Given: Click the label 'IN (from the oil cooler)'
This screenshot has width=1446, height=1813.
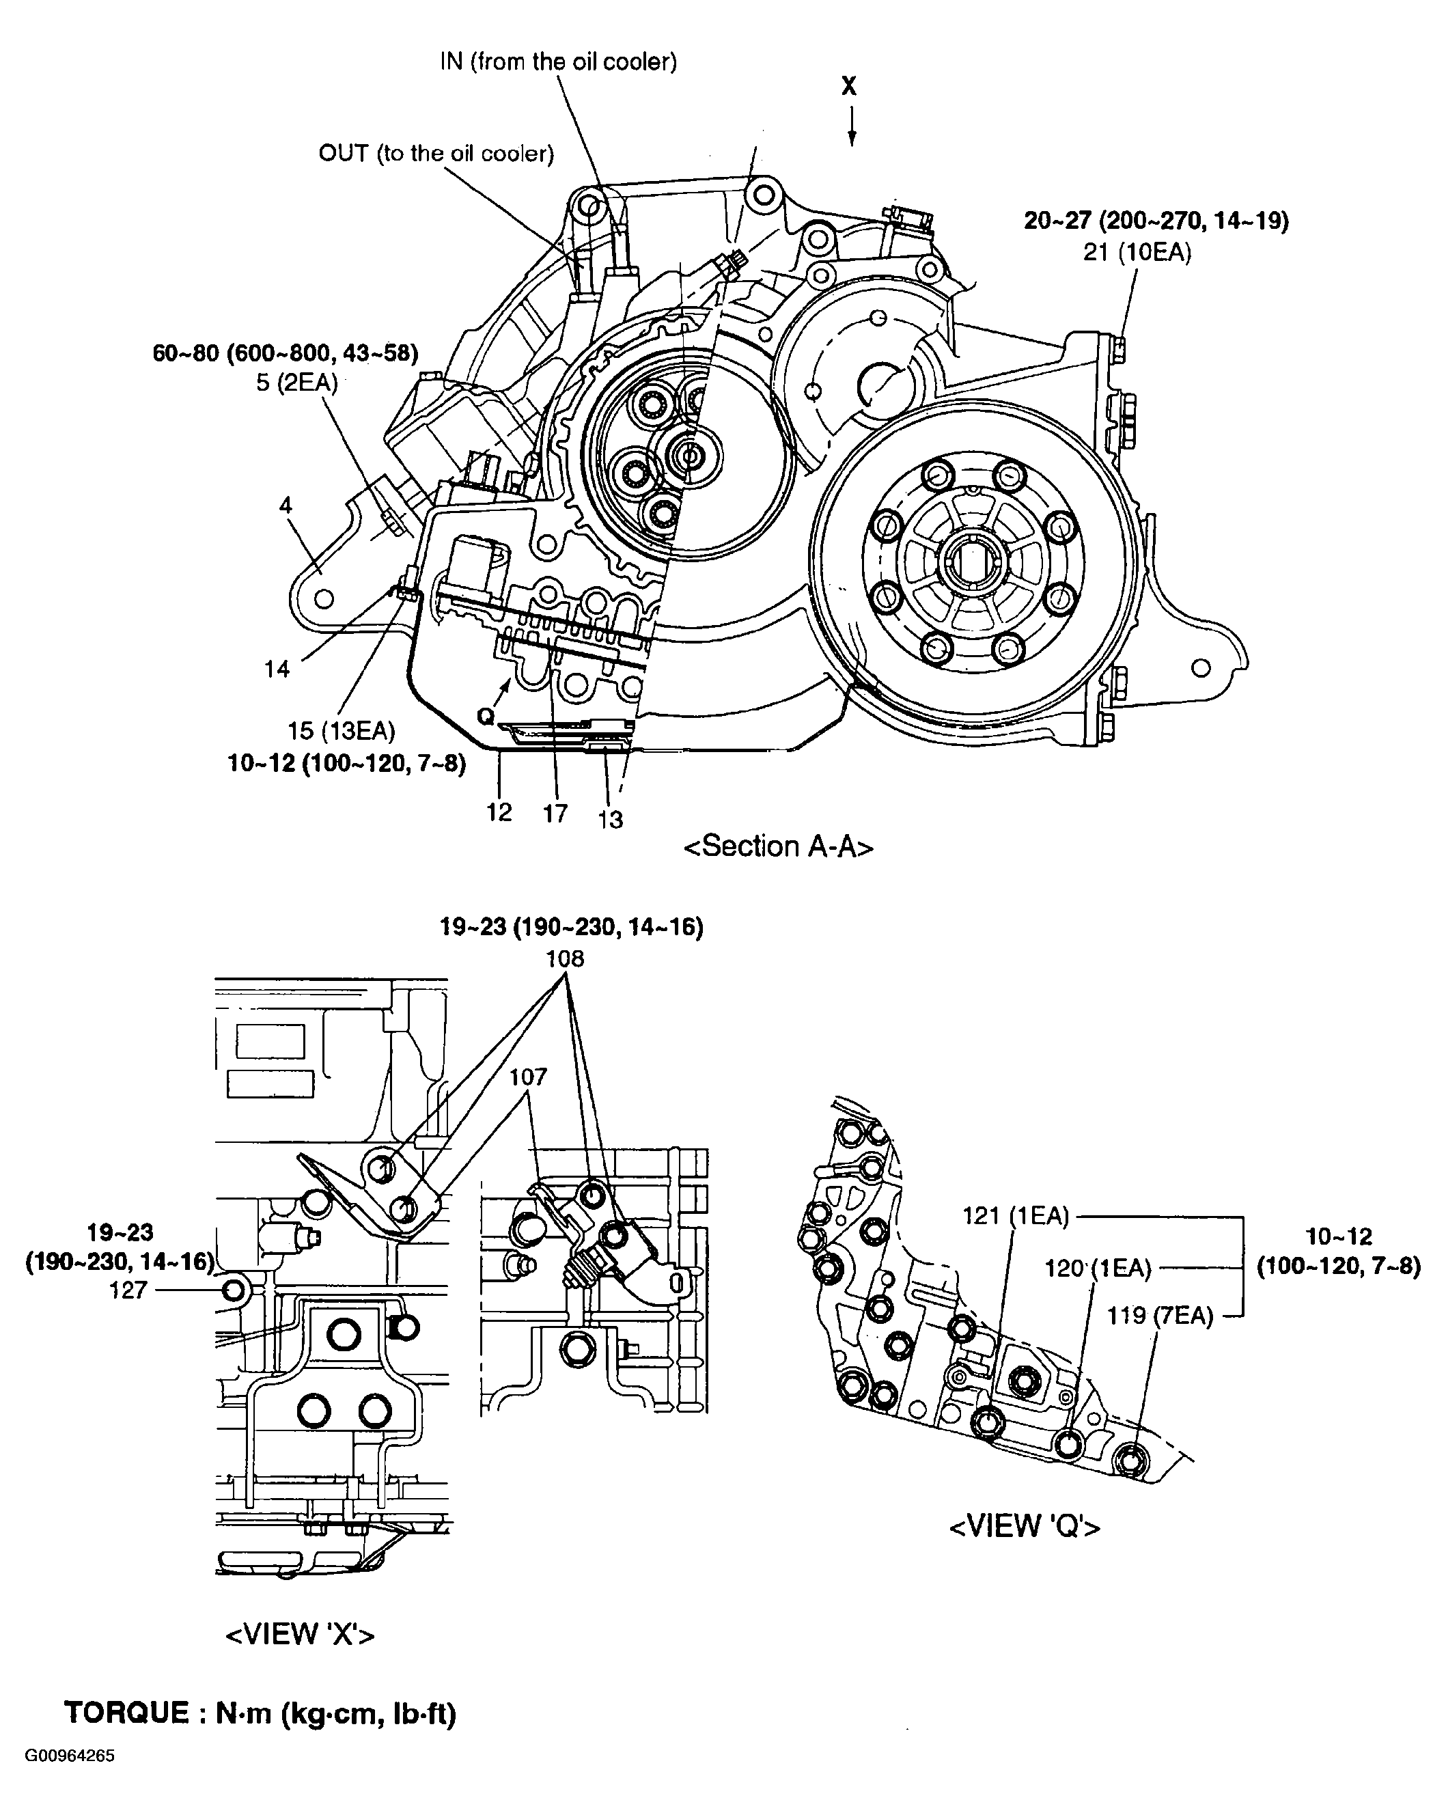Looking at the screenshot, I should pyautogui.click(x=558, y=62).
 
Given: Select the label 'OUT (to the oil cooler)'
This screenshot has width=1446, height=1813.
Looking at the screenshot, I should pyautogui.click(x=436, y=154).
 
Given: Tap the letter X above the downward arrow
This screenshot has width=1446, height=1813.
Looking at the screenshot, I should pyautogui.click(x=849, y=86).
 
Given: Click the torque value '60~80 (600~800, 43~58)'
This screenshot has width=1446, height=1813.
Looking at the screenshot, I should pyautogui.click(x=285, y=353).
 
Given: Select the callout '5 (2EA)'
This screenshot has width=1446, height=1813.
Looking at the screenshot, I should pyautogui.click(x=296, y=383).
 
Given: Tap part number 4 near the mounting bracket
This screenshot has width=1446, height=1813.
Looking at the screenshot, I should pyautogui.click(x=286, y=505).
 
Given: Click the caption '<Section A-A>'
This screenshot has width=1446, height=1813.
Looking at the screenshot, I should pyautogui.click(x=779, y=846).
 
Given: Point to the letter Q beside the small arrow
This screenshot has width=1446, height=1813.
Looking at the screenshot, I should pyautogui.click(x=485, y=717).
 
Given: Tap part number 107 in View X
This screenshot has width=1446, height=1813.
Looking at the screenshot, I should pyautogui.click(x=528, y=1077).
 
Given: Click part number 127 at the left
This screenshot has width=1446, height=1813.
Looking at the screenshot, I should pyautogui.click(x=128, y=1290).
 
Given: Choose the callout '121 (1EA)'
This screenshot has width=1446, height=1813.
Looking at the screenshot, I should pyautogui.click(x=1016, y=1216).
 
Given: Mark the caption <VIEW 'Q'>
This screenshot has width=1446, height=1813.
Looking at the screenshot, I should pyautogui.click(x=1024, y=1526).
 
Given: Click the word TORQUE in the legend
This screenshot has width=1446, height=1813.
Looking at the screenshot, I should pyautogui.click(x=127, y=1713).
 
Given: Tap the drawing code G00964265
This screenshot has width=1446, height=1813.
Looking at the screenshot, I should pyautogui.click(x=70, y=1780).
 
